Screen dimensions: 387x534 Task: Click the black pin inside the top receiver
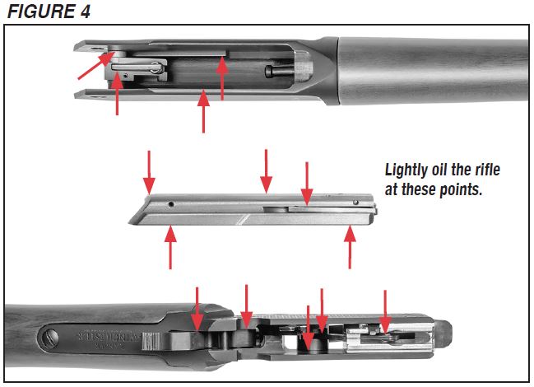272,72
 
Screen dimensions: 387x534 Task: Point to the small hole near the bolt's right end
355,203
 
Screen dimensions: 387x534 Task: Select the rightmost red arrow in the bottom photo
384,311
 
